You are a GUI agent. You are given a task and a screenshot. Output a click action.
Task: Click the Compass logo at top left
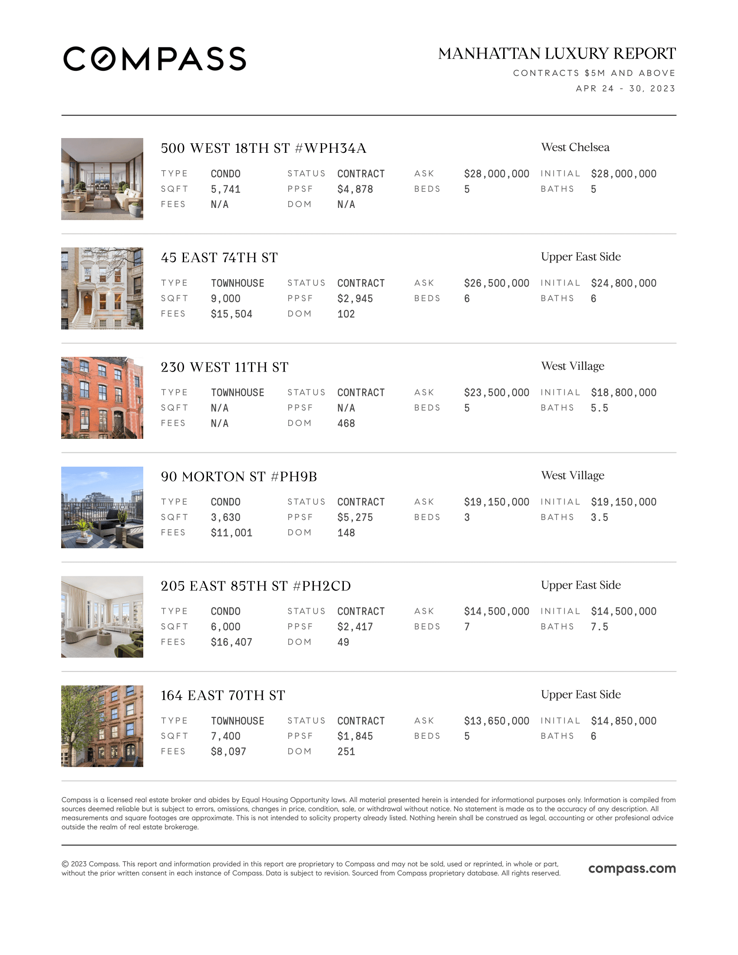coord(155,59)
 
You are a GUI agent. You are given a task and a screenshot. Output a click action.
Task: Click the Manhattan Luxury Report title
coord(557,54)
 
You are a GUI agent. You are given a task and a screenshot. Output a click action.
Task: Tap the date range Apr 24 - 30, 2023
coord(625,89)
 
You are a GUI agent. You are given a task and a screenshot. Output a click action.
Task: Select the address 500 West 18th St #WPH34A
coord(263,148)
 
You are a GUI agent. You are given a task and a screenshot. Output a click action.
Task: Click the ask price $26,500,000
coord(496,283)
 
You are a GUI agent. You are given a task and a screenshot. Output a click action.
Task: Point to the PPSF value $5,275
coord(355,517)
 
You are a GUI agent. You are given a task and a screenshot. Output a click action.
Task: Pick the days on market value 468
coord(346,423)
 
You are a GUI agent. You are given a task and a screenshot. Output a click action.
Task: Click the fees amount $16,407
coord(231,642)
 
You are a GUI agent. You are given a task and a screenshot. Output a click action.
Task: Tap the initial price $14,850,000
coord(623,721)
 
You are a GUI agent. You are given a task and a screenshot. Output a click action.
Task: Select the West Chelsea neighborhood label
coord(575,147)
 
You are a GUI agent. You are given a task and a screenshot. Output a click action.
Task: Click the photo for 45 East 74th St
coord(102,288)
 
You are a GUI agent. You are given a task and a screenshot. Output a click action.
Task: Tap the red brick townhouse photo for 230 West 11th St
coord(102,398)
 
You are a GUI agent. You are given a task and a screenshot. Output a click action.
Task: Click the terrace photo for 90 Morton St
coord(102,507)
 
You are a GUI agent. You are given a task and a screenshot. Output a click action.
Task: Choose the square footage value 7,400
coord(225,736)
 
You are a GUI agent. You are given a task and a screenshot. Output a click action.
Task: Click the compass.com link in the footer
coord(632,869)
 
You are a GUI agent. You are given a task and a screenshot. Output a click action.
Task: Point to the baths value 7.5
coord(599,626)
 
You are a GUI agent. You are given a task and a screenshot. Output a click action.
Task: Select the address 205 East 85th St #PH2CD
coord(255,586)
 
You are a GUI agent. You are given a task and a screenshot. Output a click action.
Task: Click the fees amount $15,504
coord(231,314)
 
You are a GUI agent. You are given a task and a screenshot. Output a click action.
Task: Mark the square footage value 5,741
coord(225,189)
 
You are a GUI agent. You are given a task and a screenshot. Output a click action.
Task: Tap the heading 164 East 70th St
coord(223,695)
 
